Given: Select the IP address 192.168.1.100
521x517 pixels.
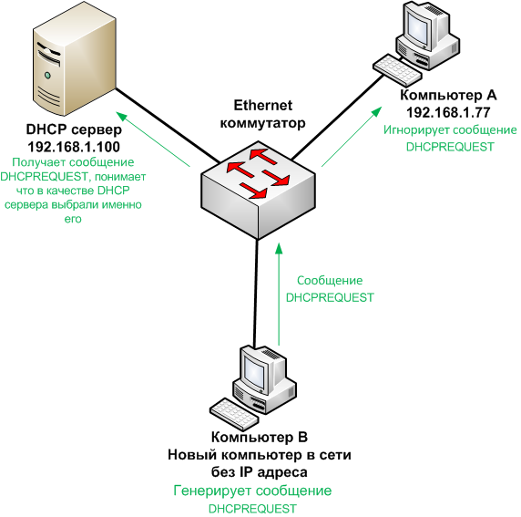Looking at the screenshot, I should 69,146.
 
